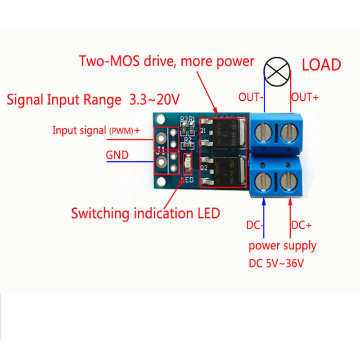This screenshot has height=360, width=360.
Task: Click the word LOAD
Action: tap(321, 65)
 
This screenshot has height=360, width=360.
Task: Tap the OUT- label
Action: tap(251, 97)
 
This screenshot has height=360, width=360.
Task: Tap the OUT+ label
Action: tap(305, 97)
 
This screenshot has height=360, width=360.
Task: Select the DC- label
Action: tap(256, 225)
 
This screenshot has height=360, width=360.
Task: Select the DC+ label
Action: tap(301, 225)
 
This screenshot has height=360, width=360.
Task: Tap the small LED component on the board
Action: tap(187, 164)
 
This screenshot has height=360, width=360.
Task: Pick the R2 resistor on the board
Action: tap(188, 145)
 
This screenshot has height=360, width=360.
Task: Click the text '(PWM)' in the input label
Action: tap(120, 131)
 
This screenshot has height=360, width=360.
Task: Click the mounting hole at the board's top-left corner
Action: tap(159, 119)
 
